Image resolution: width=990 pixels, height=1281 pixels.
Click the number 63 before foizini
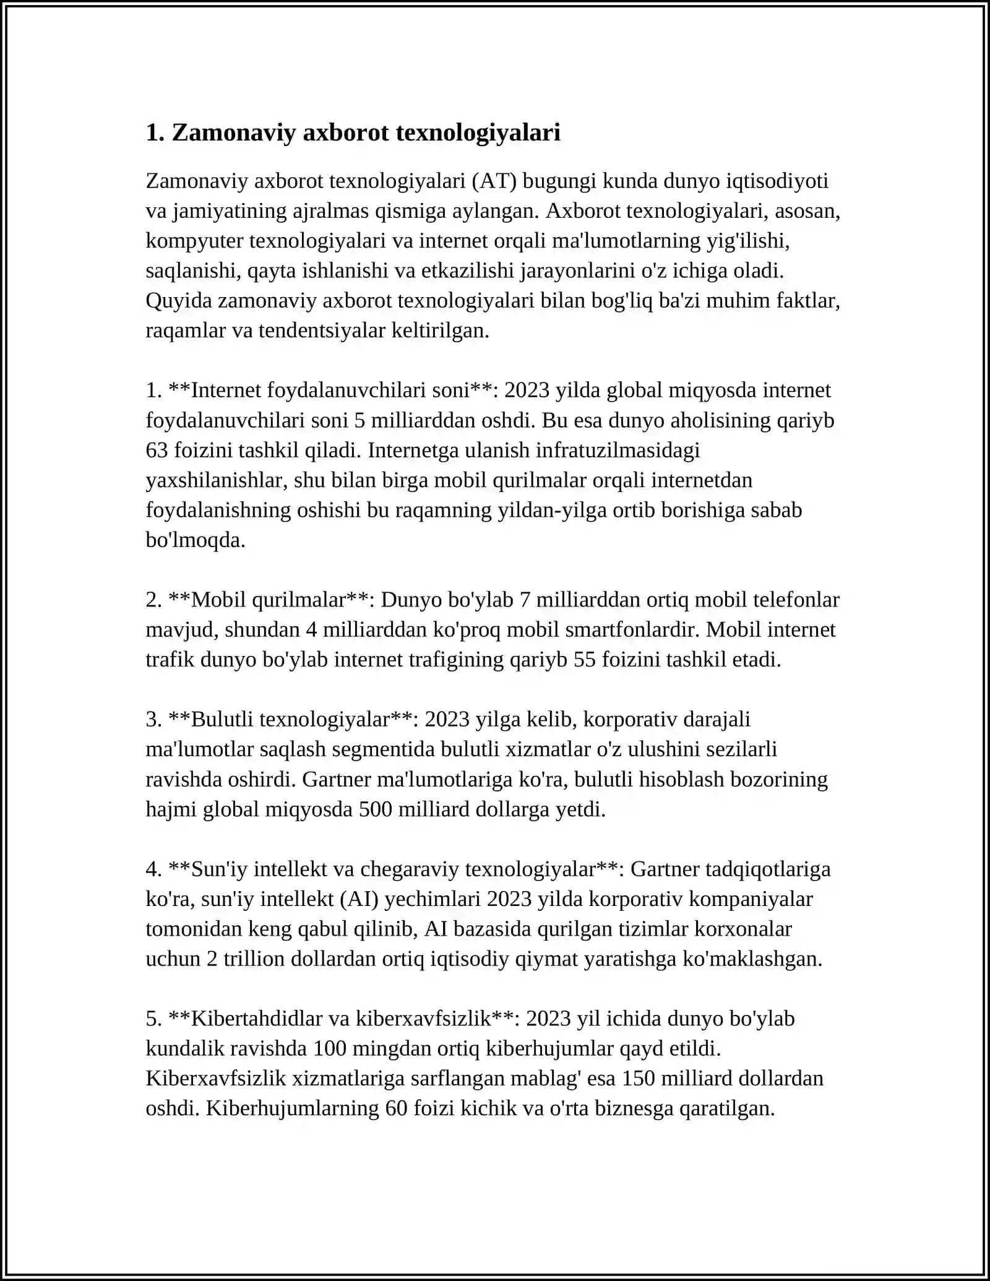(x=157, y=450)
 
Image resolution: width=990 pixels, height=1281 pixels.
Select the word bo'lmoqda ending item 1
(x=196, y=540)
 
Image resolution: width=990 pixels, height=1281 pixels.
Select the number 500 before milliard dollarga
(x=376, y=809)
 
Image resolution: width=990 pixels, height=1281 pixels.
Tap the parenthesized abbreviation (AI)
(x=359, y=899)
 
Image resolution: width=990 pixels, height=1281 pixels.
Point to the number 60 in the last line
(x=397, y=1108)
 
